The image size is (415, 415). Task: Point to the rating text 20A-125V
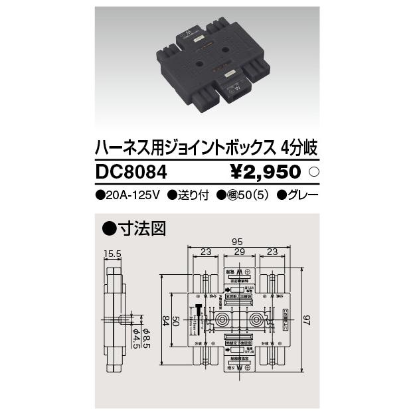coord(127,196)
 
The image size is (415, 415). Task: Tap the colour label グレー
coord(297,196)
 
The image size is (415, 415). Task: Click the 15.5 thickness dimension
coord(113,253)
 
